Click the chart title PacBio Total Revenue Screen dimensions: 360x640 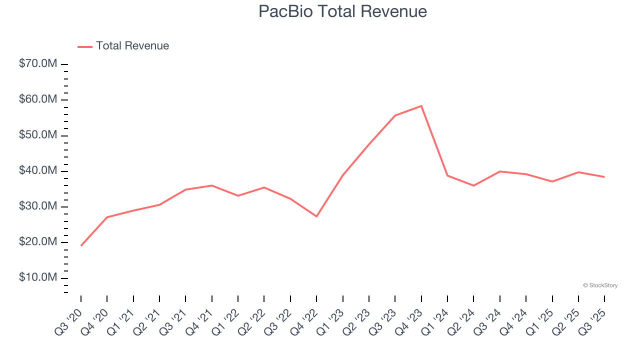click(342, 11)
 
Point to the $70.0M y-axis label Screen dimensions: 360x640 click(38, 64)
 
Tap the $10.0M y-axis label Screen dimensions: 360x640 click(38, 277)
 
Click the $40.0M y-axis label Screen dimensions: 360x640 click(38, 171)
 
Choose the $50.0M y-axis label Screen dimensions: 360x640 click(38, 135)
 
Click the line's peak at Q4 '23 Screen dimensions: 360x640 click(421, 106)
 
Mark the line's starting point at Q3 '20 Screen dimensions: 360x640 click(81, 245)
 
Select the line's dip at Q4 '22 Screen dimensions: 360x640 click(316, 216)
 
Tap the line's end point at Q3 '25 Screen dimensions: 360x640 click(604, 177)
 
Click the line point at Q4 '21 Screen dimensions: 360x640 click(212, 185)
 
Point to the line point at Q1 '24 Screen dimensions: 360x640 click(447, 175)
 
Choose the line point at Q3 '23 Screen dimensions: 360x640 click(395, 115)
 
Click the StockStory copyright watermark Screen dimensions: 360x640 click(600, 285)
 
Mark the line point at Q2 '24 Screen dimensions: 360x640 click(473, 185)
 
